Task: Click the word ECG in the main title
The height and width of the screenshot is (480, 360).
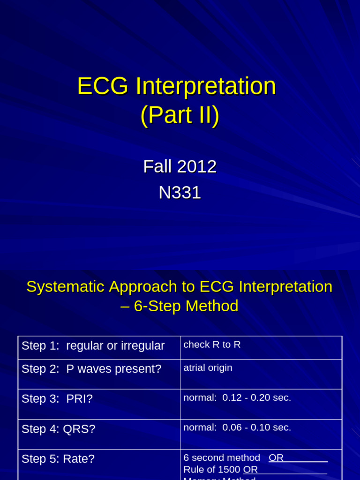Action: pyautogui.click(x=103, y=87)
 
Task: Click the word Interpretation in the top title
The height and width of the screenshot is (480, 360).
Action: pyautogui.click(x=206, y=87)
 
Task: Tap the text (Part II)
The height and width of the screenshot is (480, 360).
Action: pyautogui.click(x=180, y=115)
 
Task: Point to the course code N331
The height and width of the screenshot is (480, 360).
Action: pyautogui.click(x=180, y=193)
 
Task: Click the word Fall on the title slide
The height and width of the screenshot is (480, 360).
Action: pyautogui.click(x=157, y=166)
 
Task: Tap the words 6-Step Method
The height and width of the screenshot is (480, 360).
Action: pyautogui.click(x=186, y=306)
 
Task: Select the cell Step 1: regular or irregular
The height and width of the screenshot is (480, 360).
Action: pyautogui.click(x=93, y=346)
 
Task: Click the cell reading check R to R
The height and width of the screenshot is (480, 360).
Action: pyautogui.click(x=212, y=345)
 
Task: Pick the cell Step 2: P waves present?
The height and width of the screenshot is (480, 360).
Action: pyautogui.click(x=91, y=369)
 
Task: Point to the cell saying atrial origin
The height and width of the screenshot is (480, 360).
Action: pyautogui.click(x=208, y=368)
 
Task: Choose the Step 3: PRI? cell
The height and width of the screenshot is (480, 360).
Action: pyautogui.click(x=57, y=399)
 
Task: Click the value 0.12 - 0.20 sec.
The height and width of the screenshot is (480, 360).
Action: pyautogui.click(x=256, y=397)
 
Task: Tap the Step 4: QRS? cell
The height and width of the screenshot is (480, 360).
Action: pyautogui.click(x=59, y=429)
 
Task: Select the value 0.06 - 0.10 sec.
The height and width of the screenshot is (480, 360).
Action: pyautogui.click(x=256, y=427)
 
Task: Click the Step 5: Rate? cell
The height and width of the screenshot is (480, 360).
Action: pyautogui.click(x=58, y=459)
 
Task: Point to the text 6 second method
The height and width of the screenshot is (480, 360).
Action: pyautogui.click(x=222, y=457)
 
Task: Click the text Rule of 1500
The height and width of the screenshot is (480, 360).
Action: pyautogui.click(x=212, y=469)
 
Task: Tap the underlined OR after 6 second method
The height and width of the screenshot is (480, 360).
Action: pyautogui.click(x=276, y=457)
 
